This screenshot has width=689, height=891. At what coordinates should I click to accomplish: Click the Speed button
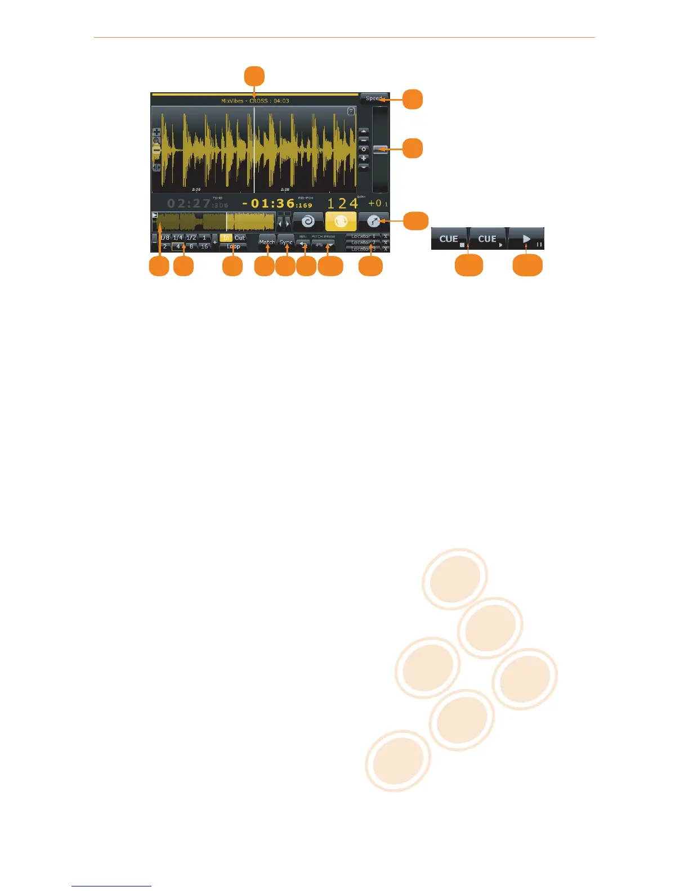click(373, 98)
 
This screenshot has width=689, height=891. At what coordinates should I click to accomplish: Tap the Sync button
click(286, 242)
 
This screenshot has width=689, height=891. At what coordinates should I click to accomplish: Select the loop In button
click(226, 238)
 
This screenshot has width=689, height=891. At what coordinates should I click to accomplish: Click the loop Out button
click(240, 238)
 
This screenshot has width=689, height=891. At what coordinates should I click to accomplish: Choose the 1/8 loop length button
click(164, 238)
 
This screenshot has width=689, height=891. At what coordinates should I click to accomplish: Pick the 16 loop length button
click(204, 246)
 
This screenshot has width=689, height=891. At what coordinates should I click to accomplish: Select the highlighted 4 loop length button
click(178, 246)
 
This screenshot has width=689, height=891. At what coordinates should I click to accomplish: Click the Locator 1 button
click(363, 236)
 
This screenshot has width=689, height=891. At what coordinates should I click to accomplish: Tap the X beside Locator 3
click(386, 249)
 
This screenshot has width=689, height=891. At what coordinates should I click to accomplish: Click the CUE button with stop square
click(450, 238)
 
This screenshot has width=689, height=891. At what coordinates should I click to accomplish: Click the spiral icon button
click(308, 221)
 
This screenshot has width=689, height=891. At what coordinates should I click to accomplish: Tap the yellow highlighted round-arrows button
click(341, 221)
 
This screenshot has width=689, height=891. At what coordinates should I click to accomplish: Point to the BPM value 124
click(343, 203)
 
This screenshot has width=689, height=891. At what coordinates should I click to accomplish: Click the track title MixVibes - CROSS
click(254, 101)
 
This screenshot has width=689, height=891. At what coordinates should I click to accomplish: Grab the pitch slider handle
click(380, 149)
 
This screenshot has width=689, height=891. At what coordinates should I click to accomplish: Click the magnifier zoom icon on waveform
click(156, 141)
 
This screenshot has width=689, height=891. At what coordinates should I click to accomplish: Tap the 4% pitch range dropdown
click(323, 245)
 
